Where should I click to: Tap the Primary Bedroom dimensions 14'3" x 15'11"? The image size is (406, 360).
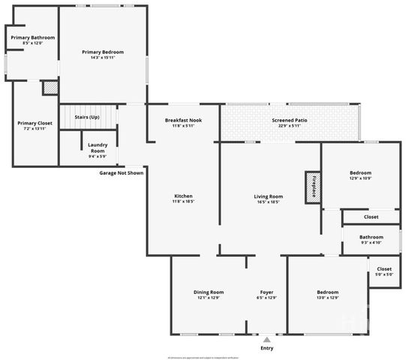coord(103,58)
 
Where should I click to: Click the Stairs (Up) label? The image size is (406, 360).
coord(87,117)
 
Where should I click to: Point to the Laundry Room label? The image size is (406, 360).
coord(97,148)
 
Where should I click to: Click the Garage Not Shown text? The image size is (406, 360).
coord(121,172)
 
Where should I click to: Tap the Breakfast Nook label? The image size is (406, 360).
coord(183,120)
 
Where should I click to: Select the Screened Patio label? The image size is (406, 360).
coord(289,120)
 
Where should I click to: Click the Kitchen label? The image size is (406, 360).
coord(183,196)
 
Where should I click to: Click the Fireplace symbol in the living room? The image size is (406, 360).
coord(311,187)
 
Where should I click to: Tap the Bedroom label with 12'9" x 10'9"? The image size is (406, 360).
coord(360,172)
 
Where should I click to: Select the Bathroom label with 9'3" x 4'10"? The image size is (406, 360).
coord(371,236)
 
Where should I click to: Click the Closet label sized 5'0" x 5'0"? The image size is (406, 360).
coord(384,268)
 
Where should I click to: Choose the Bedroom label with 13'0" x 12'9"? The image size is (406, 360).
coord(327,292)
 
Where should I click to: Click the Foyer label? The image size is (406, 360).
coord(266,292)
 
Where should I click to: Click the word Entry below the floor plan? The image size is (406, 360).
coord(266,348)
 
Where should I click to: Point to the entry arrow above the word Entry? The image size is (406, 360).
coord(266,338)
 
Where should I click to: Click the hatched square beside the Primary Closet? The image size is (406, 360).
coord(50,88)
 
